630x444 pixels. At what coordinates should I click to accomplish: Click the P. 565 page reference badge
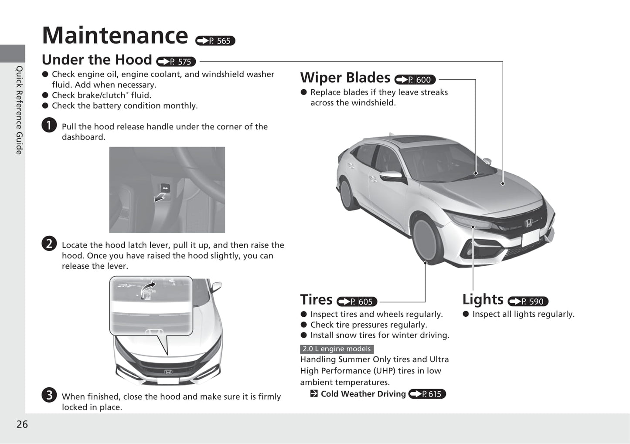point(215,41)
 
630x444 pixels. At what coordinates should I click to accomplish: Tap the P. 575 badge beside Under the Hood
point(176,62)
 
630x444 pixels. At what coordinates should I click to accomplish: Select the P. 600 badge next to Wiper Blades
point(415,80)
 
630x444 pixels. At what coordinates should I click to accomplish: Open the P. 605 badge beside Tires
point(357,302)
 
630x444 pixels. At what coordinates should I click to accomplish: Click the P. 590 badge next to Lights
point(528,301)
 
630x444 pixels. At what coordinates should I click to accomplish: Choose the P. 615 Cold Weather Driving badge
point(427,394)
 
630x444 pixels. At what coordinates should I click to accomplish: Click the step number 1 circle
point(49,125)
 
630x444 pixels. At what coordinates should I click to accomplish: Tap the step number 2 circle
point(49,244)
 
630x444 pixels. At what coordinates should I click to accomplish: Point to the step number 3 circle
point(49,395)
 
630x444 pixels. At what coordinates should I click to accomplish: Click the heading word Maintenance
point(115,36)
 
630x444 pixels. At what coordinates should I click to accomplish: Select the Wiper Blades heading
point(345,78)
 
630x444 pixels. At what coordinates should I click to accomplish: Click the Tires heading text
point(316,300)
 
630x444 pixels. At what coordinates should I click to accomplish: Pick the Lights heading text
point(483,299)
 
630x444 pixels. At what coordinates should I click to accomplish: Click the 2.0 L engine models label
point(337,349)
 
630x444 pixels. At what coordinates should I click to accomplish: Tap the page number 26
point(22,424)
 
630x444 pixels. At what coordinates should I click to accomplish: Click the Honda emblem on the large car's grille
point(528,224)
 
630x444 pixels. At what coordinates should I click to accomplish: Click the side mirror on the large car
point(392,176)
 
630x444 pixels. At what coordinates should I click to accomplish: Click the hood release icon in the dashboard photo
point(165,188)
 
